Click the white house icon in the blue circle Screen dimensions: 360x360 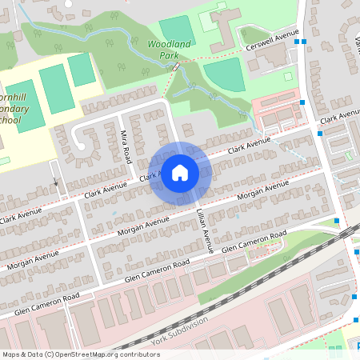(x=180, y=173)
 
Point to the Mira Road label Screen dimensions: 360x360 (x=126, y=146)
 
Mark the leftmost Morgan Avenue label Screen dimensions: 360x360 (x=25, y=257)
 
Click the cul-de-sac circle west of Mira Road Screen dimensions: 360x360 (x=80, y=146)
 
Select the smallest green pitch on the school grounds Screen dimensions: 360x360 (x=82, y=70)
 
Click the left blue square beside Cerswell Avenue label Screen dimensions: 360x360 (x=296, y=42)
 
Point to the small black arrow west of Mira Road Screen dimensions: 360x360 (x=56, y=182)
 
